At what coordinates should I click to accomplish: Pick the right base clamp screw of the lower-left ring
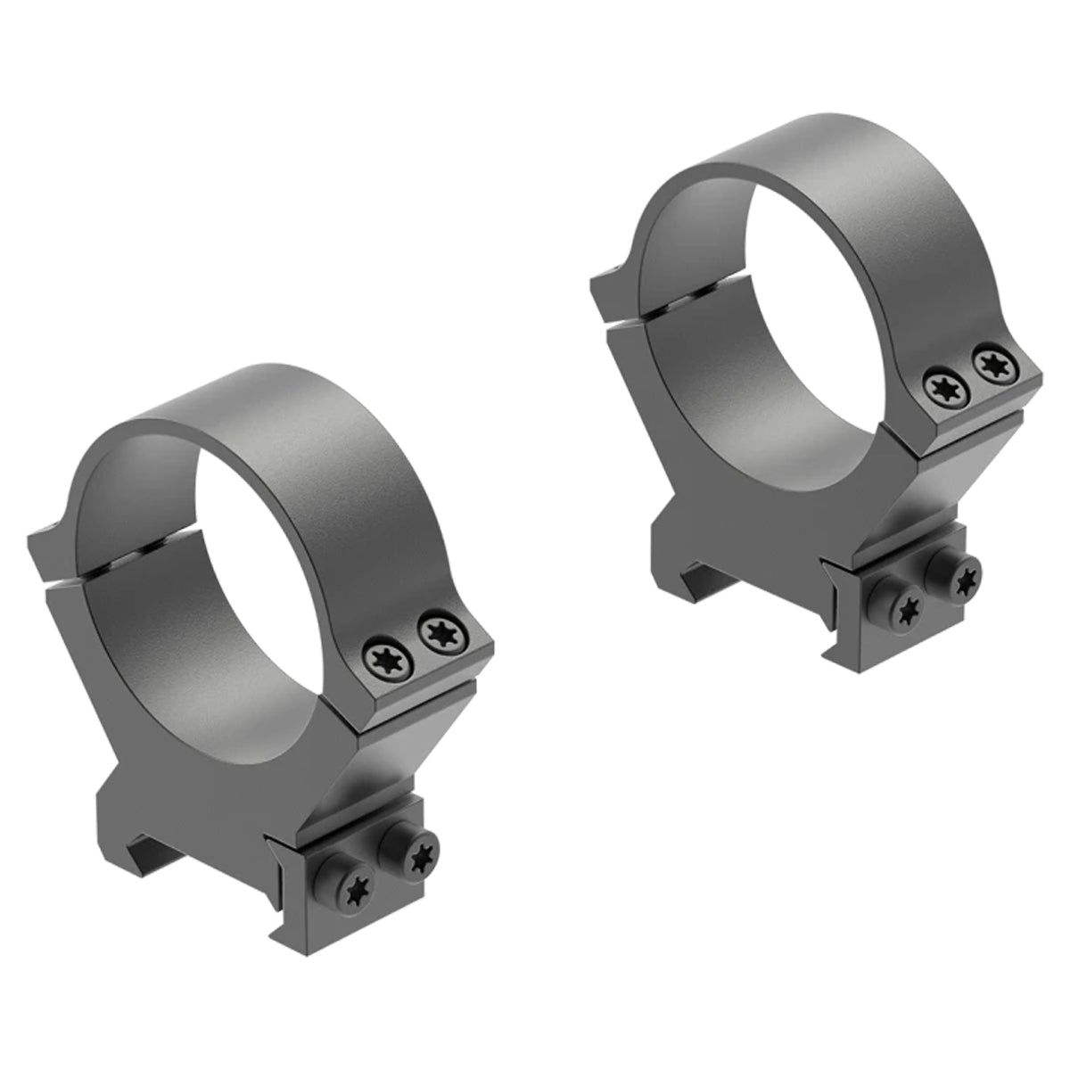click(416, 855)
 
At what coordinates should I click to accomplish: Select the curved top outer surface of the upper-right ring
click(829, 147)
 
